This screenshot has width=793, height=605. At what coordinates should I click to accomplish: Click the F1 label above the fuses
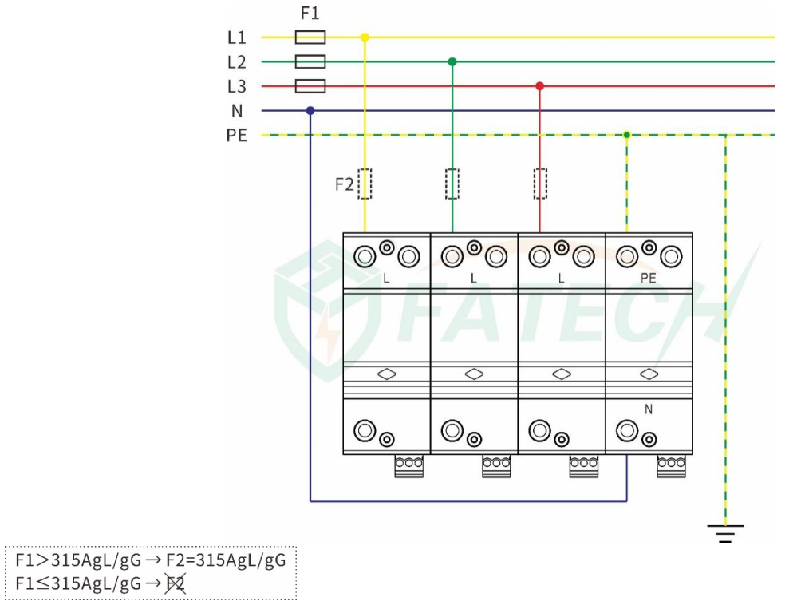(x=310, y=14)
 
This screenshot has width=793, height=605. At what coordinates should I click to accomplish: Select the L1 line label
(x=237, y=38)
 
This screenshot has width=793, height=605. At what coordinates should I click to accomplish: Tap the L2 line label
(x=237, y=62)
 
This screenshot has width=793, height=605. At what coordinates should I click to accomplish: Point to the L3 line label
(x=237, y=86)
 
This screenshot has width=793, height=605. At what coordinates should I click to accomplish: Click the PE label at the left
(x=237, y=136)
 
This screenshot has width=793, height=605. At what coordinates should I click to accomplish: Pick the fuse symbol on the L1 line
(x=310, y=38)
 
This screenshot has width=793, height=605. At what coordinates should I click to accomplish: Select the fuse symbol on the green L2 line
(x=310, y=61)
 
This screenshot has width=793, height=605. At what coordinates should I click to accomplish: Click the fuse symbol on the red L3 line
(x=310, y=86)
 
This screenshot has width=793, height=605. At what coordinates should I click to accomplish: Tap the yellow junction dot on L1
(x=365, y=38)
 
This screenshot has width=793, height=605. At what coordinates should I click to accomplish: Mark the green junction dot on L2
(x=452, y=61)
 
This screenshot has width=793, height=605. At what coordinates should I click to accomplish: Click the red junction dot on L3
(x=539, y=86)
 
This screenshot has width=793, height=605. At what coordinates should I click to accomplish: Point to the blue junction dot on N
(x=310, y=111)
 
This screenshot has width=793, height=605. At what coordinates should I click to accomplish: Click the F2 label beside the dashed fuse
(x=344, y=184)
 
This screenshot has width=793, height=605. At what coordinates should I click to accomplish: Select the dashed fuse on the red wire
(x=540, y=184)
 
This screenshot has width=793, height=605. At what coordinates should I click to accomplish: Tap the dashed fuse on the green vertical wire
(x=452, y=184)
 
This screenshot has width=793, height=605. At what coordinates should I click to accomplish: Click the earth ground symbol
(x=725, y=532)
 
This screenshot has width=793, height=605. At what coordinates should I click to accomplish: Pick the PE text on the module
(x=649, y=279)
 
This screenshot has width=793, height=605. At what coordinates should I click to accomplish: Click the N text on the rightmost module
(x=649, y=409)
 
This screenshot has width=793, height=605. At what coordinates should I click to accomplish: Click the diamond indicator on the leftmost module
(x=387, y=374)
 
